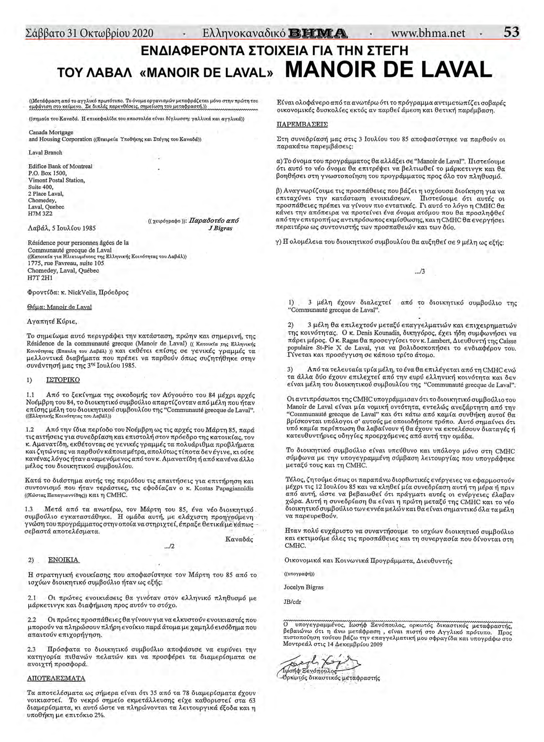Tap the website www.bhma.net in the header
pyautogui.click(x=428, y=33)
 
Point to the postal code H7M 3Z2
pyautogui.click(x=40, y=213)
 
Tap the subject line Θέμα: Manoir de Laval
pyautogui.click(x=59, y=307)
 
